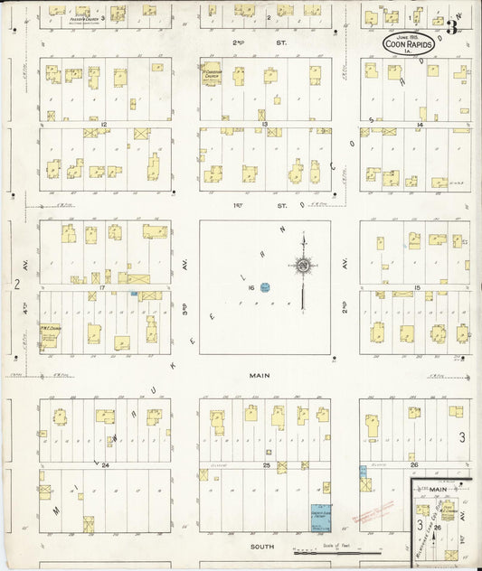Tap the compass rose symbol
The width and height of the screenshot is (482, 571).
pyautogui.click(x=304, y=265)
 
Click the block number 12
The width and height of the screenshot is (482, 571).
pyautogui.click(x=105, y=124)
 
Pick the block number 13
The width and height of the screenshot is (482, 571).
pyautogui.click(x=263, y=124)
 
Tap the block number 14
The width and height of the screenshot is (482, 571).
pyautogui.click(x=421, y=124)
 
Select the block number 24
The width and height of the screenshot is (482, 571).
pyautogui.click(x=105, y=464)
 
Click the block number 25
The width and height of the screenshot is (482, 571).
pyautogui.click(x=266, y=464)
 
